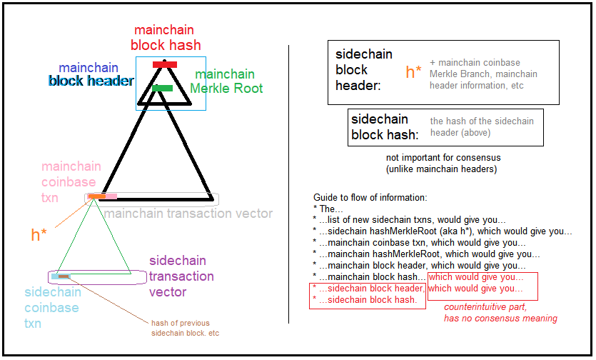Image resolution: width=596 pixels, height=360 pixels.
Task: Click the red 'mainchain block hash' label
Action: pos(166,37)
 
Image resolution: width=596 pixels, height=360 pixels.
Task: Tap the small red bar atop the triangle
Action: pos(165,65)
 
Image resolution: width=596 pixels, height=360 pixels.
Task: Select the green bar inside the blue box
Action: pos(163,88)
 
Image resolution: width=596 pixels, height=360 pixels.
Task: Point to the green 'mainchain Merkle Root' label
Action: pos(226,81)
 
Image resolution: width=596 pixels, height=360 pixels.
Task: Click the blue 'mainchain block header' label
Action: pos(90,74)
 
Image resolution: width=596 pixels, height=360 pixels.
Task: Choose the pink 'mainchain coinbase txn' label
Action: pos(71,182)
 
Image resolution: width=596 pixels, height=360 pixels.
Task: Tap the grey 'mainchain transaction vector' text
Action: pos(188,213)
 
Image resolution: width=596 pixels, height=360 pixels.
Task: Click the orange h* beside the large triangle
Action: pos(39,234)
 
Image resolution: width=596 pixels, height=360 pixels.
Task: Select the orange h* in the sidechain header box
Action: pos(414,71)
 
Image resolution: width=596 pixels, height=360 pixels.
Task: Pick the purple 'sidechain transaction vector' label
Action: pos(181,276)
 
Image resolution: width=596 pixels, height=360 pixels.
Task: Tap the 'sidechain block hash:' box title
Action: pos(380,126)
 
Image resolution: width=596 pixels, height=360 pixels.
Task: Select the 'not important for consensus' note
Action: pos(443,163)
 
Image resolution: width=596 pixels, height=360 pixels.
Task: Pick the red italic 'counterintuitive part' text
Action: pos(500,312)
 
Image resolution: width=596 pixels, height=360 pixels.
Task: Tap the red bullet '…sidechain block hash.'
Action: pos(368,299)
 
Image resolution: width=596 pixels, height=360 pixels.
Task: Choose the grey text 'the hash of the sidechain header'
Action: pos(482,126)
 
